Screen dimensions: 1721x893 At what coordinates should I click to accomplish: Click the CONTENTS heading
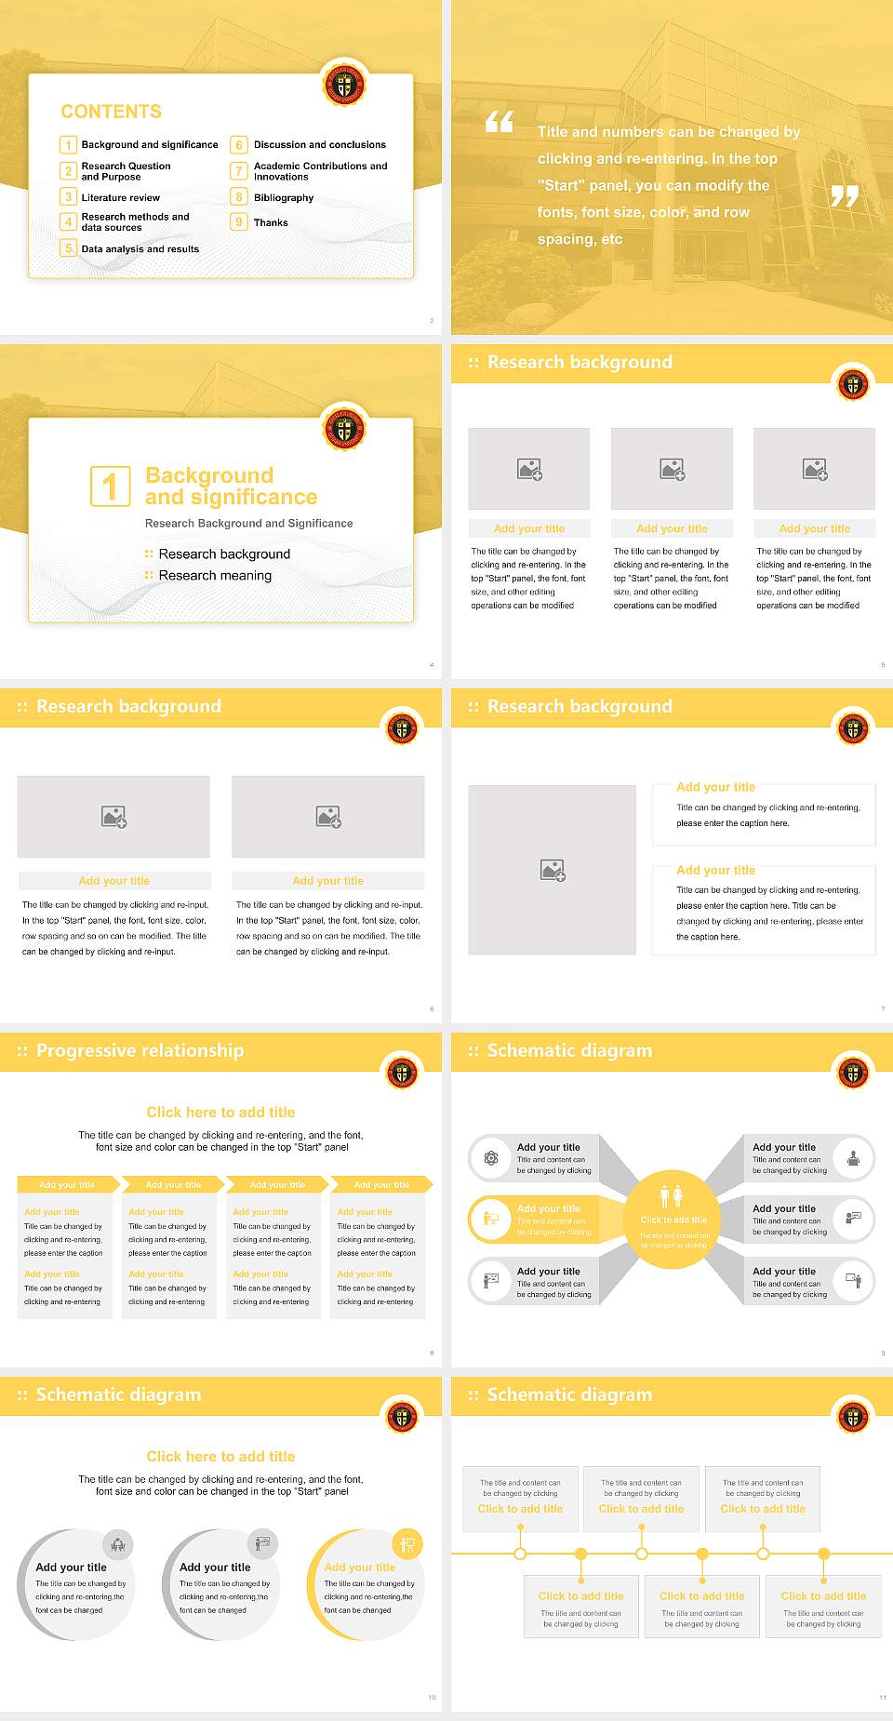111,112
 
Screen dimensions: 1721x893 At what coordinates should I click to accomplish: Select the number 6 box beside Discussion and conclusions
239,145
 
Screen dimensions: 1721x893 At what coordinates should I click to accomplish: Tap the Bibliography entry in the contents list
284,198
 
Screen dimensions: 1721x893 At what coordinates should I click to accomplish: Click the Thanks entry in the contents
271,223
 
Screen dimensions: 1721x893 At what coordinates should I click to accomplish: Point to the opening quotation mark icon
500,122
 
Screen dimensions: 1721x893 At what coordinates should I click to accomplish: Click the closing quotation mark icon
845,195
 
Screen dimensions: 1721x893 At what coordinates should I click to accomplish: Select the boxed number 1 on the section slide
110,487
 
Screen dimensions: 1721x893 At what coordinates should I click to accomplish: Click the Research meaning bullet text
215,576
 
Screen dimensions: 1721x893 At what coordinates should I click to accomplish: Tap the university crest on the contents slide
344,86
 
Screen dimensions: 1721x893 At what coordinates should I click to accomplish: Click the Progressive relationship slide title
140,1051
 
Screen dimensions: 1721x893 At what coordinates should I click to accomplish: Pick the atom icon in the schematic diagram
491,1158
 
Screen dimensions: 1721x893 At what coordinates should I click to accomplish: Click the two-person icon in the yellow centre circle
672,1196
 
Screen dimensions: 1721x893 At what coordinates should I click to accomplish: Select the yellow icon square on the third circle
407,1544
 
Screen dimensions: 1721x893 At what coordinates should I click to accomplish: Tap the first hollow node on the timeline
520,1554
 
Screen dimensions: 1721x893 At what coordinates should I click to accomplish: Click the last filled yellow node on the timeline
823,1554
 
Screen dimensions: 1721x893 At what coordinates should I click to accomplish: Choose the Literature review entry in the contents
120,198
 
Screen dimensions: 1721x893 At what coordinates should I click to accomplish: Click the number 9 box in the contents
239,222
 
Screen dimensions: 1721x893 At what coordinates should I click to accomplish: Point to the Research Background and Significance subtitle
248,524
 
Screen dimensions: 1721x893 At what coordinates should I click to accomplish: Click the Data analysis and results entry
140,249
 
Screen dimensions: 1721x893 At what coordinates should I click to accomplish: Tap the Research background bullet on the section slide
224,554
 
